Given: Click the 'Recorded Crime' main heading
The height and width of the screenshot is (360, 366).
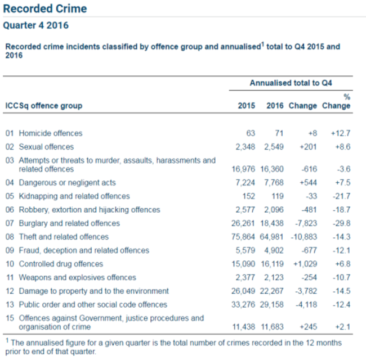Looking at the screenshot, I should [x=45, y=9].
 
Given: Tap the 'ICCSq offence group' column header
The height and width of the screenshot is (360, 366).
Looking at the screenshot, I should [x=44, y=106].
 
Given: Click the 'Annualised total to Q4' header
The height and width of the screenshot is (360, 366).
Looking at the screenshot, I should [x=291, y=83].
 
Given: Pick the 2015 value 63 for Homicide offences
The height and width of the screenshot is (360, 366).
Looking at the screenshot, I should [x=250, y=133].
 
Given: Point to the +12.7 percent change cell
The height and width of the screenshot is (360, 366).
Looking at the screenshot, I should [x=341, y=133].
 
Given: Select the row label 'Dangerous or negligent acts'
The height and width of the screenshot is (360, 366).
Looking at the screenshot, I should [x=67, y=183].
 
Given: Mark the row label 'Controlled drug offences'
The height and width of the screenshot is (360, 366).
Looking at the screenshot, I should [x=61, y=264].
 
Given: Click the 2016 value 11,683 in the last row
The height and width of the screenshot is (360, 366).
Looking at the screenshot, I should [x=273, y=327].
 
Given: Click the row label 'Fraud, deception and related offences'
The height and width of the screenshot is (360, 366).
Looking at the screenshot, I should [x=84, y=250].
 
